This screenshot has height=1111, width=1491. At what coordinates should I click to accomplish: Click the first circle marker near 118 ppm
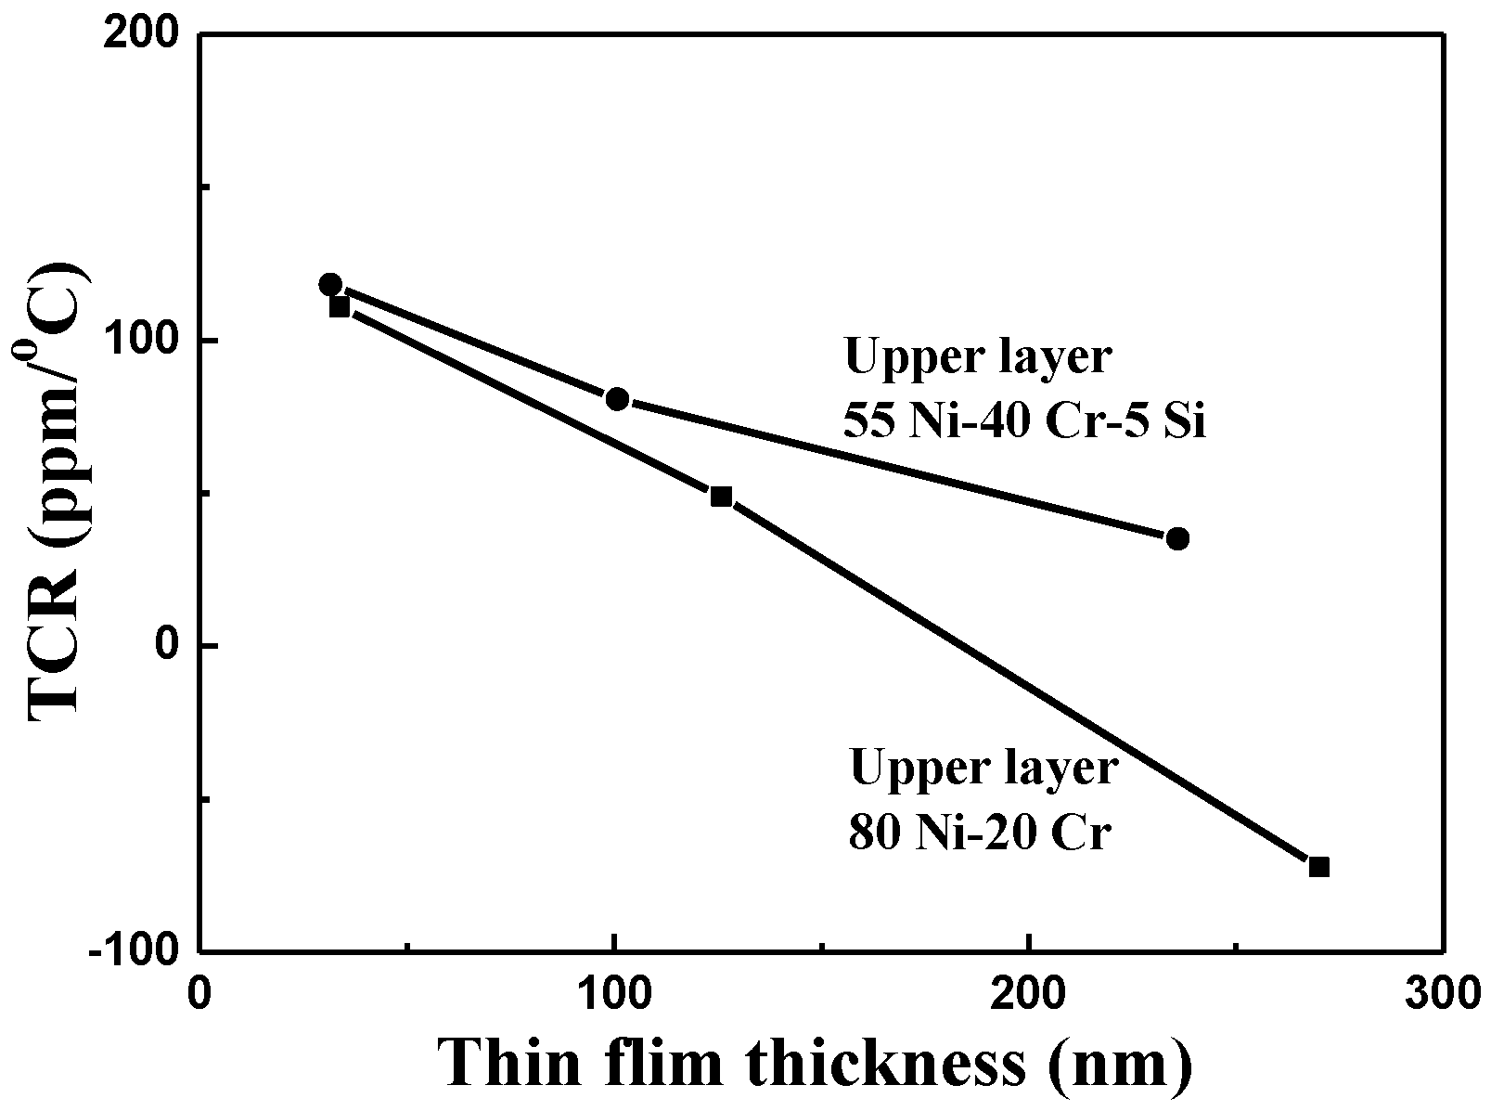pos(330,284)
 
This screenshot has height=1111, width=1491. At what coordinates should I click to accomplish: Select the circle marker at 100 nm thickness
pos(617,399)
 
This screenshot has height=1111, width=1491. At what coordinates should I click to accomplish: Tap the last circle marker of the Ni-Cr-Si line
pos(1177,538)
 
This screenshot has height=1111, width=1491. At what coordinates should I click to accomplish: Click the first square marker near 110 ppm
pos(340,306)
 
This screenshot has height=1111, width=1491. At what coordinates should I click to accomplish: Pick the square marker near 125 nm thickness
pos(721,497)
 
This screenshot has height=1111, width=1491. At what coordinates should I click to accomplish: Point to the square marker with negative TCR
pos(1318,867)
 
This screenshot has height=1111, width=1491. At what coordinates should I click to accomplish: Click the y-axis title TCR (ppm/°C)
pos(58,492)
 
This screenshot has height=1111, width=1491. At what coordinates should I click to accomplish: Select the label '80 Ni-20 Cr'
pos(980,833)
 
